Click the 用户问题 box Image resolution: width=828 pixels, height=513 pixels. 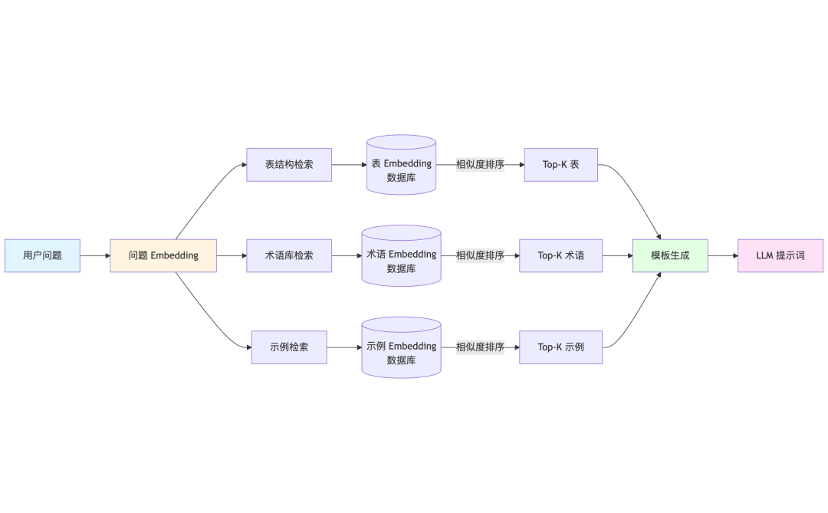[42, 255]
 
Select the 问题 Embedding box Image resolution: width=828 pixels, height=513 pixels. [163, 255]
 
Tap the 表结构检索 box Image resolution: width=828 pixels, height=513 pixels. [289, 164]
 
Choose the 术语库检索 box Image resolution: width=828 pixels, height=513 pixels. [289, 255]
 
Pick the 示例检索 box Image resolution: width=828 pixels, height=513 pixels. [289, 347]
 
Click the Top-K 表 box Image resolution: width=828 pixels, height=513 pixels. [560, 164]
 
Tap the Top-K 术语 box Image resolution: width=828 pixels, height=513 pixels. [560, 255]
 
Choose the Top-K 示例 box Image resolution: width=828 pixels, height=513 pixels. [560, 347]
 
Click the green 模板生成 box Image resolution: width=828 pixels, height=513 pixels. [670, 255]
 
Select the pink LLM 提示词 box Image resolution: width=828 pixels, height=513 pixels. [780, 255]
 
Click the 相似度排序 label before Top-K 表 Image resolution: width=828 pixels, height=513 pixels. [480, 164]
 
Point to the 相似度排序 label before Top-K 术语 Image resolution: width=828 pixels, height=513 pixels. [480, 255]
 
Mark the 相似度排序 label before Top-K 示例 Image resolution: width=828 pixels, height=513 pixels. [480, 347]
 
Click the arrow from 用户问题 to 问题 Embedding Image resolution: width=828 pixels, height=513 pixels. [95, 255]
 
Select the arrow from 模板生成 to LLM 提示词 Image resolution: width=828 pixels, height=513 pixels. [722, 255]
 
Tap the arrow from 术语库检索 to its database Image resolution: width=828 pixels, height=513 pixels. [347, 255]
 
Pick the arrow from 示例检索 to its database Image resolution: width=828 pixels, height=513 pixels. [344, 347]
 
